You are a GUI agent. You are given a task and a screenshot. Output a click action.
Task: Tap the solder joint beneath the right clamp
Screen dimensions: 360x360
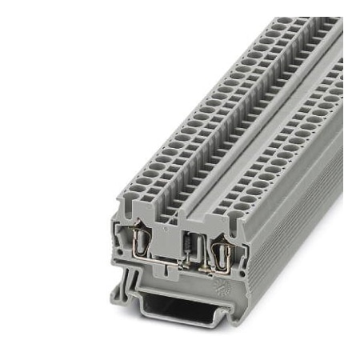214,273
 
